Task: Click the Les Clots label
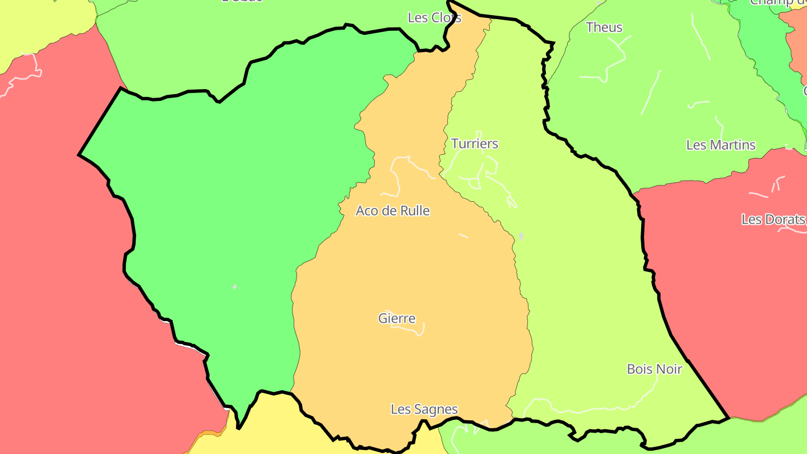[x=434, y=18]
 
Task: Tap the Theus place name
[x=604, y=27]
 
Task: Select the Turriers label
[x=475, y=144]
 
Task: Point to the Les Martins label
[x=721, y=145]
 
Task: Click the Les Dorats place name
[x=773, y=219]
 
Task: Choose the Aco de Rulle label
[x=393, y=211]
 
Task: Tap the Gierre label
[x=397, y=319]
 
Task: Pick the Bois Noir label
[x=655, y=369]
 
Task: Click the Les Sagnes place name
[x=424, y=410]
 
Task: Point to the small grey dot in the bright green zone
[x=235, y=287]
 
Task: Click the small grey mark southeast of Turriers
[x=521, y=237]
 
